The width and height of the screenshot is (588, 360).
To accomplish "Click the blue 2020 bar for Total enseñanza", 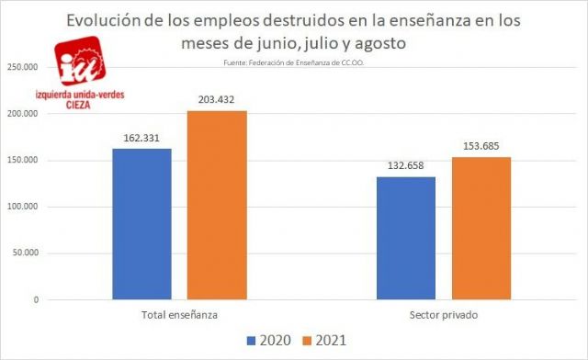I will (141, 224).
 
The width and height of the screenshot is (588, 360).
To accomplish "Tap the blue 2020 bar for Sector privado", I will (406, 238).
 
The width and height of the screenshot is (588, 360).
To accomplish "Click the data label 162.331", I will (141, 138).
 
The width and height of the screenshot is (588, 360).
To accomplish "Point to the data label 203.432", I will (217, 100).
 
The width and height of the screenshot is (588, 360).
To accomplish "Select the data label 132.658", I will (406, 166).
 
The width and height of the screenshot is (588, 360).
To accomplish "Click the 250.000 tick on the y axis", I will (24, 67).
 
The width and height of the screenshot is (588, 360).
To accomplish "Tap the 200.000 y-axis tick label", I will (24, 114).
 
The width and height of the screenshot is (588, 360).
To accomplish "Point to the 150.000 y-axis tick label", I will (24, 161).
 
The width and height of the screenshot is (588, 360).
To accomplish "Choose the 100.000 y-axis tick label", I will (24, 207).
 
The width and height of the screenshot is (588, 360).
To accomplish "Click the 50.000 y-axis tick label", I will (27, 253).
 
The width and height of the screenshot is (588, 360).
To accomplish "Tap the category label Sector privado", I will (444, 316).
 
